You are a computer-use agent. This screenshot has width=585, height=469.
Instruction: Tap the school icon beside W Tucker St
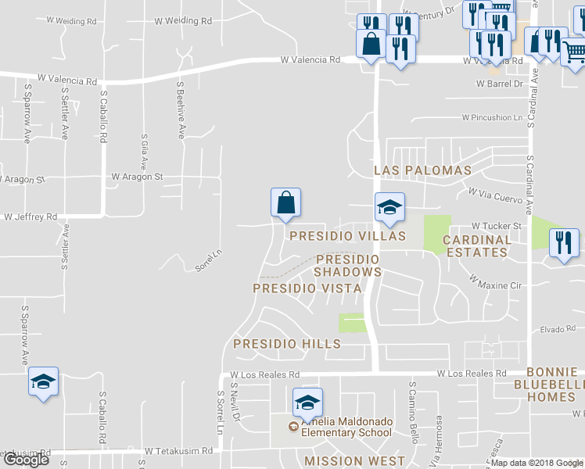[x=389, y=207]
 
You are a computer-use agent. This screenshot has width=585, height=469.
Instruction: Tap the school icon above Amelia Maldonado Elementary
[x=307, y=403]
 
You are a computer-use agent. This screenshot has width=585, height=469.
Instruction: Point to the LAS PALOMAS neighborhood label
[x=422, y=170]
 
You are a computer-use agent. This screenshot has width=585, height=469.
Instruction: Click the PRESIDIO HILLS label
[x=287, y=343]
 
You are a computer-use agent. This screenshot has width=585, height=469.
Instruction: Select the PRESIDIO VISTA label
[x=307, y=288]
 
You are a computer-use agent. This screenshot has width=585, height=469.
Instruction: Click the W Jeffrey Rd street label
[x=31, y=217]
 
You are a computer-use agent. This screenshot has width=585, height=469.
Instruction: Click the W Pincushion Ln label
[x=491, y=118]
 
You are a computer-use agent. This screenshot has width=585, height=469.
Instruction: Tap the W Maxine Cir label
[x=495, y=281]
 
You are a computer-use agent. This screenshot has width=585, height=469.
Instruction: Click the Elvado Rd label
[x=558, y=329]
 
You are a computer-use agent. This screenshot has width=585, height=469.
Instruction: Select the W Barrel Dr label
[x=498, y=83]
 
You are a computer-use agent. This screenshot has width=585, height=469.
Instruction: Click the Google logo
[x=26, y=459]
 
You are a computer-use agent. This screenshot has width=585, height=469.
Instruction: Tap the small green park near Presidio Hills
[x=352, y=323]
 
